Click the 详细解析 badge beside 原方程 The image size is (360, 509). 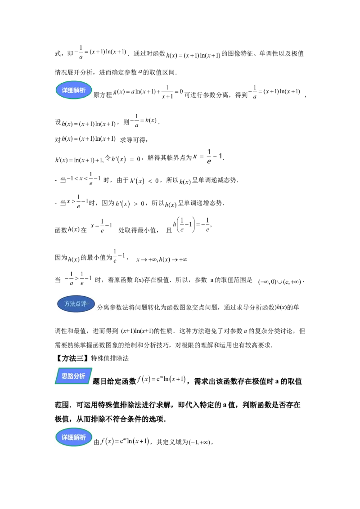pyautogui.click(x=74, y=90)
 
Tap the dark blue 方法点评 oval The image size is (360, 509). pyautogui.click(x=76, y=304)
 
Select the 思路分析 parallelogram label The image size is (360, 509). pyautogui.click(x=73, y=376)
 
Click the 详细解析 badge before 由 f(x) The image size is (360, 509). pyautogui.click(x=74, y=437)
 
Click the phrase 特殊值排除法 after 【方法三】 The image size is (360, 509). pyautogui.click(x=110, y=358)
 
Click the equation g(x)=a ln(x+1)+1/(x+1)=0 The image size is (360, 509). pyautogui.click(x=148, y=92)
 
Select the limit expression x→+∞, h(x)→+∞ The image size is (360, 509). pyautogui.click(x=162, y=260)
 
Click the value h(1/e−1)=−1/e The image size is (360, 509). pyautogui.click(x=192, y=225)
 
